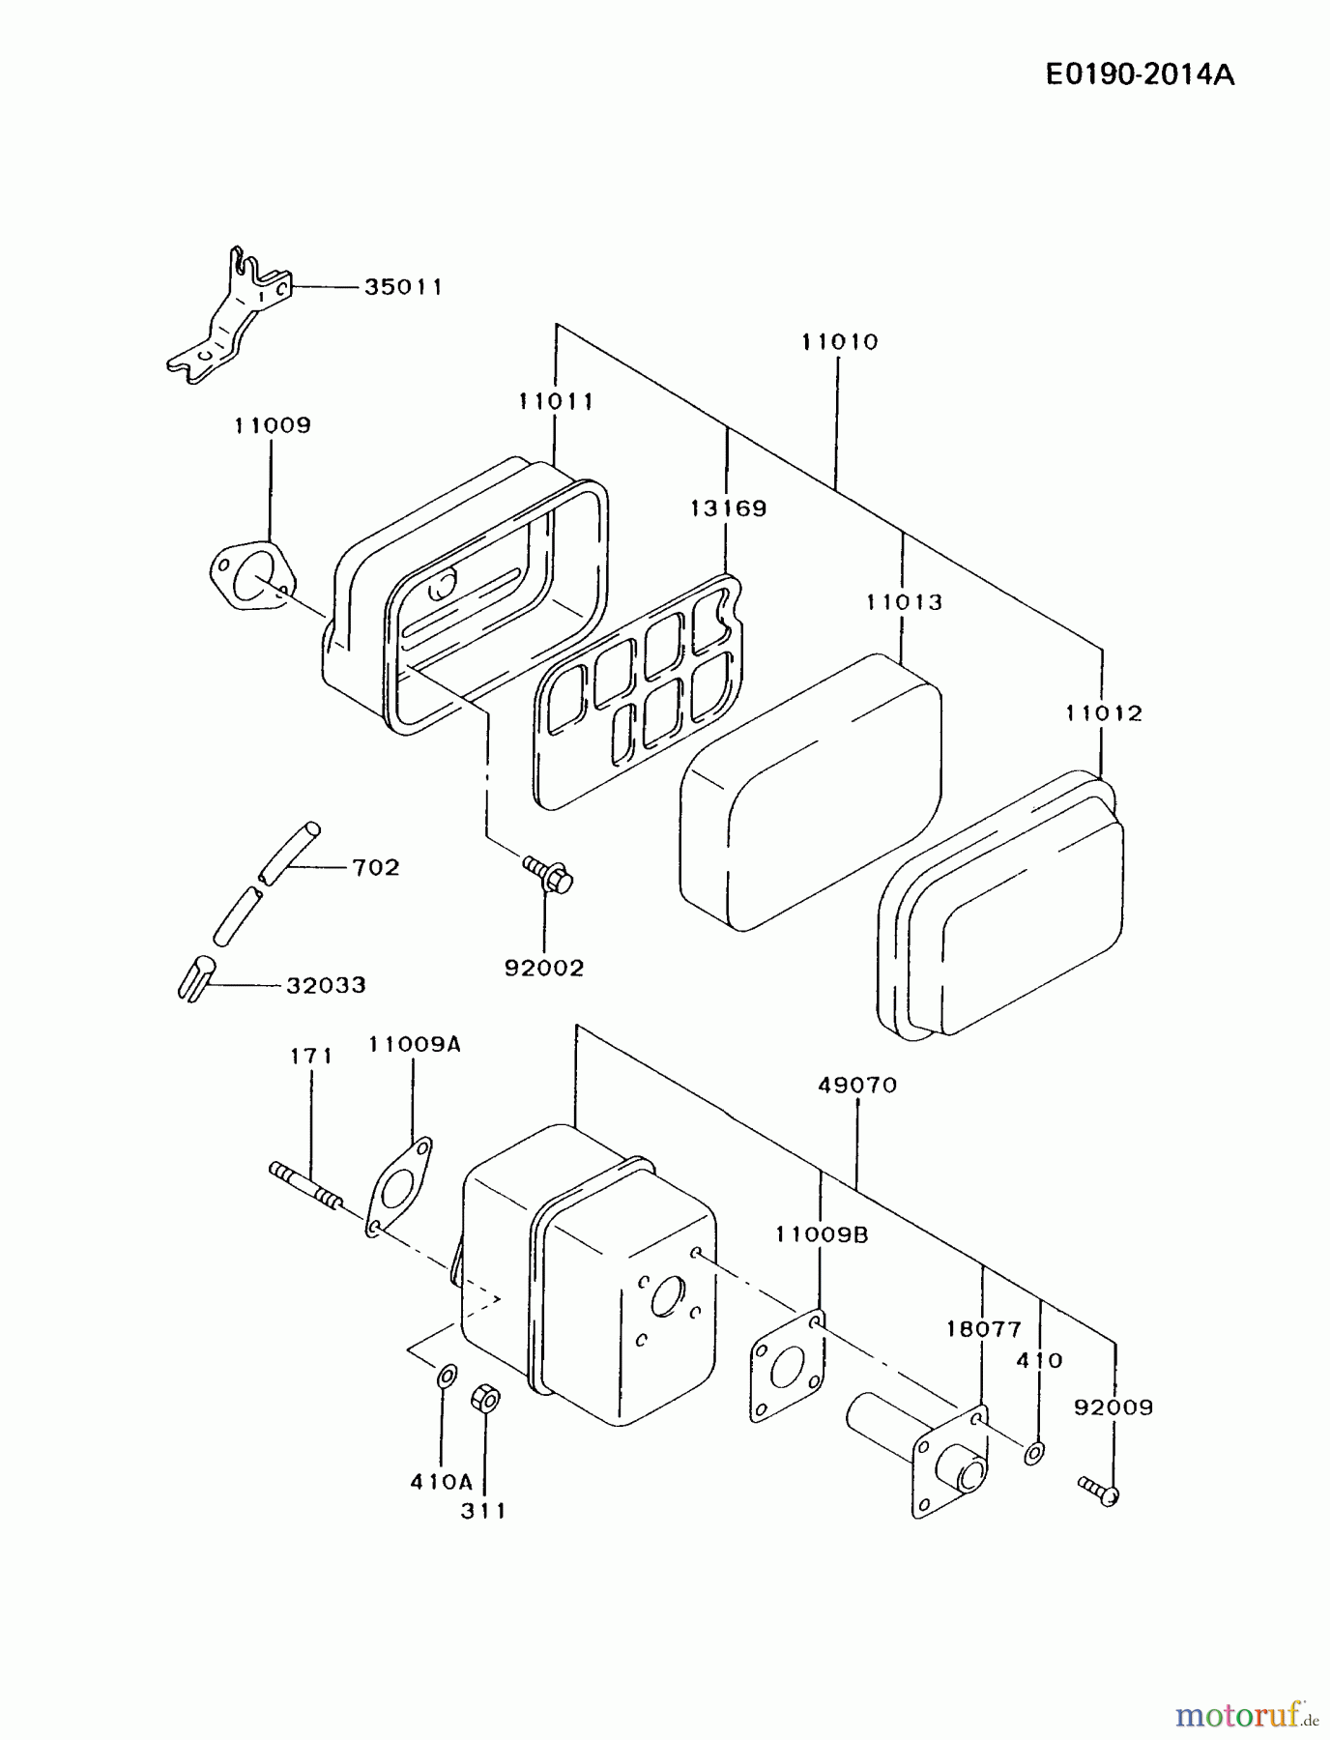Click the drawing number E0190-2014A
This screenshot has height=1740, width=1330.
point(1140,75)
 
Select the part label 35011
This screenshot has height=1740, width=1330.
point(403,287)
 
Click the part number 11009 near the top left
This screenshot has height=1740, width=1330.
point(272,425)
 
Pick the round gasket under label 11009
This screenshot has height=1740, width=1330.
point(251,578)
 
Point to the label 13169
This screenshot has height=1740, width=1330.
point(728,508)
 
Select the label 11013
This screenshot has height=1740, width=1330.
point(903,602)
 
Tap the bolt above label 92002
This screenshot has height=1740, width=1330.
point(548,873)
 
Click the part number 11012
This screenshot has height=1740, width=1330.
point(1104,713)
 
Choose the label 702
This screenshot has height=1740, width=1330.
point(375,867)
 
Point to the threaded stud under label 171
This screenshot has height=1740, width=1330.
point(304,1185)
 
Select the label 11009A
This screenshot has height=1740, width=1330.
point(414,1044)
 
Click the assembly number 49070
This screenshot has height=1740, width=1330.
point(857,1085)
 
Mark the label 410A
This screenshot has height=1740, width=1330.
point(441,1481)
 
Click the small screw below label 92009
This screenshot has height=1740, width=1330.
point(1099,1490)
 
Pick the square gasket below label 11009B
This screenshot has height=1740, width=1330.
point(787,1366)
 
